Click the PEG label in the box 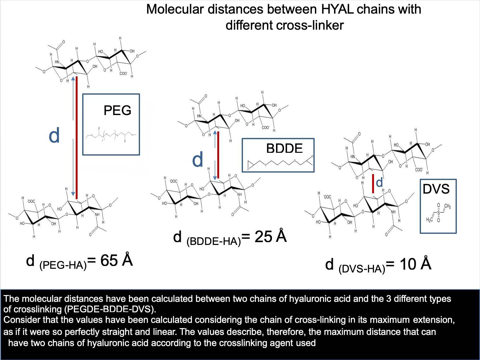point(117,110)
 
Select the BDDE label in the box point(284,148)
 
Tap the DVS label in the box point(436,189)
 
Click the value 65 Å point(117,260)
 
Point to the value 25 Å point(270,237)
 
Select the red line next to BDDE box point(218,155)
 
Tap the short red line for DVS point(373,184)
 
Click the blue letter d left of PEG point(54,136)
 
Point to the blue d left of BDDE point(198,160)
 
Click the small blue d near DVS point(380,183)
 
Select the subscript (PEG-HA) point(63,265)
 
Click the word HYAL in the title point(337,9)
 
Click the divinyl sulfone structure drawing point(438,213)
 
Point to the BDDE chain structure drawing point(280,163)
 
